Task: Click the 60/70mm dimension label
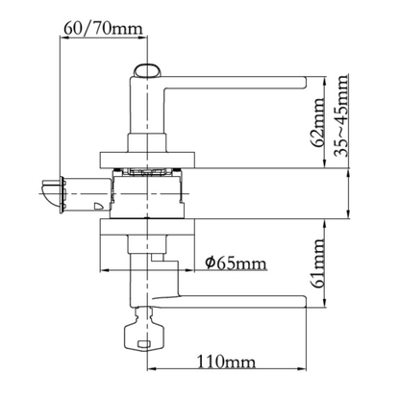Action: coord(103,29)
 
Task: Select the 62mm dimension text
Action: coord(318,122)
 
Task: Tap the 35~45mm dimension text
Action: coord(341,115)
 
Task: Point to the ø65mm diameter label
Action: coord(236,263)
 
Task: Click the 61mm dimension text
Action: coord(318,263)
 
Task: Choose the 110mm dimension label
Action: coord(226,362)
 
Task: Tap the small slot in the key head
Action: coord(143,344)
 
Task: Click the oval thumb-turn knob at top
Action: coord(147,70)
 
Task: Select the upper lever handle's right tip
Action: coord(306,82)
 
